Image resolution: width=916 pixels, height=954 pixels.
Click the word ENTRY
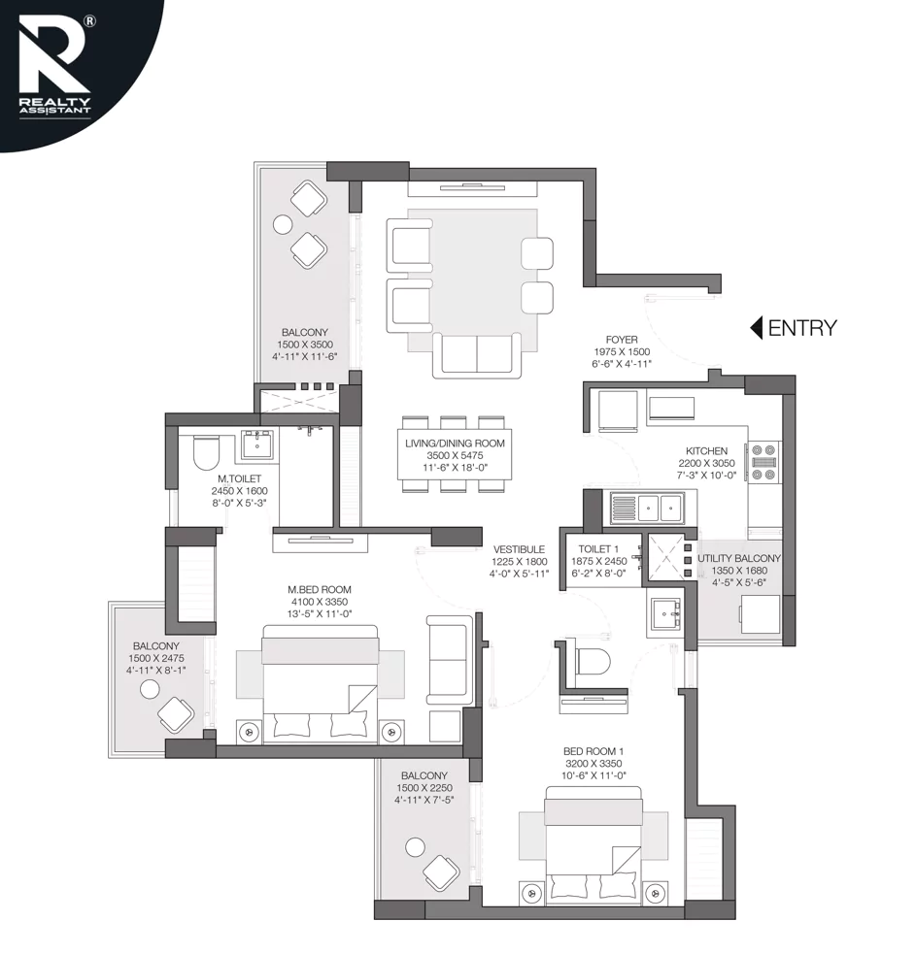point(801,328)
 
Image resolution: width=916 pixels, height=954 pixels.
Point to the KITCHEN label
point(706,451)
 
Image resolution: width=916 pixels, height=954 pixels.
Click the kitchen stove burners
point(763,461)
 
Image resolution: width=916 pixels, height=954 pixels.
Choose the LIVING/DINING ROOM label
point(455,444)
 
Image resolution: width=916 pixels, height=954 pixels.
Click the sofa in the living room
point(476,354)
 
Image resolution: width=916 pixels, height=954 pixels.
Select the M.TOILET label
point(238,478)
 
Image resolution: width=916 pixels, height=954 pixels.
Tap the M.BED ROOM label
point(320,590)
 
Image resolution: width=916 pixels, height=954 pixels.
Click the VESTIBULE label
point(518,549)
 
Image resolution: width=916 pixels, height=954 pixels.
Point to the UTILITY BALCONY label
point(738,559)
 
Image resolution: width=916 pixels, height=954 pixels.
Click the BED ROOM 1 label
point(594,751)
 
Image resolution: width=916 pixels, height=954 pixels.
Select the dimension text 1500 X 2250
point(423,787)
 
